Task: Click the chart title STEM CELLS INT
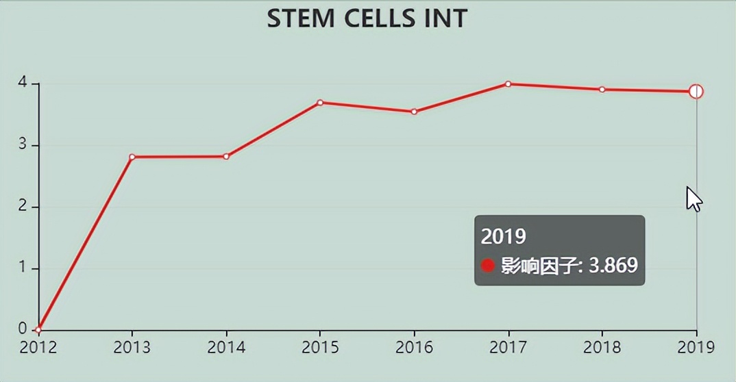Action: click(x=367, y=18)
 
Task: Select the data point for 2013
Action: click(x=132, y=157)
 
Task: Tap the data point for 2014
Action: click(x=226, y=156)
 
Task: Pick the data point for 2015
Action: click(x=320, y=103)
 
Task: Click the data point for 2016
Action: click(x=414, y=112)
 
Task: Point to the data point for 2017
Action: click(x=508, y=84)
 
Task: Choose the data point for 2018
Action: click(x=602, y=89)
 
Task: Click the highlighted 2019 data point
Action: click(x=696, y=92)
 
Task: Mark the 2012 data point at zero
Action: click(x=38, y=330)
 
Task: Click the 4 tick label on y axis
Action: click(x=23, y=84)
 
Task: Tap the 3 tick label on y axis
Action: click(x=23, y=145)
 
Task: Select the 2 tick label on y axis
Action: click(x=23, y=207)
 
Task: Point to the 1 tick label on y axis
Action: click(x=23, y=268)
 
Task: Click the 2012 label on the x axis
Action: click(x=38, y=347)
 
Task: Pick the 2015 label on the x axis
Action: click(x=320, y=347)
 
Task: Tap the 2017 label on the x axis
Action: click(x=508, y=347)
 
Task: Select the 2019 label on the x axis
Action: click(x=696, y=347)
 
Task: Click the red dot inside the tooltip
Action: click(x=488, y=265)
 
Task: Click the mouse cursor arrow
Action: click(x=694, y=199)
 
